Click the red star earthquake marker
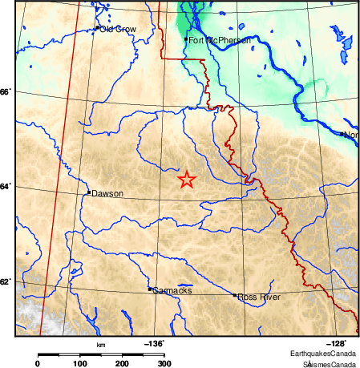[187, 180]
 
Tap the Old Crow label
[118, 29]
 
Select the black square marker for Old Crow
[97, 28]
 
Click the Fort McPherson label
[220, 39]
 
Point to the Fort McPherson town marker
[186, 38]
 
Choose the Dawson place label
[107, 193]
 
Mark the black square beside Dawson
[88, 192]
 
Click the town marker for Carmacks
[150, 289]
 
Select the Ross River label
[258, 296]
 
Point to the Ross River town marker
[235, 295]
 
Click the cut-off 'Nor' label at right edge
[350, 135]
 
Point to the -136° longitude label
[155, 343]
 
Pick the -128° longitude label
[335, 343]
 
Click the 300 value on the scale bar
[164, 363]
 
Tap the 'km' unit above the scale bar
[101, 345]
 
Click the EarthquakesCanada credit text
[324, 354]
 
